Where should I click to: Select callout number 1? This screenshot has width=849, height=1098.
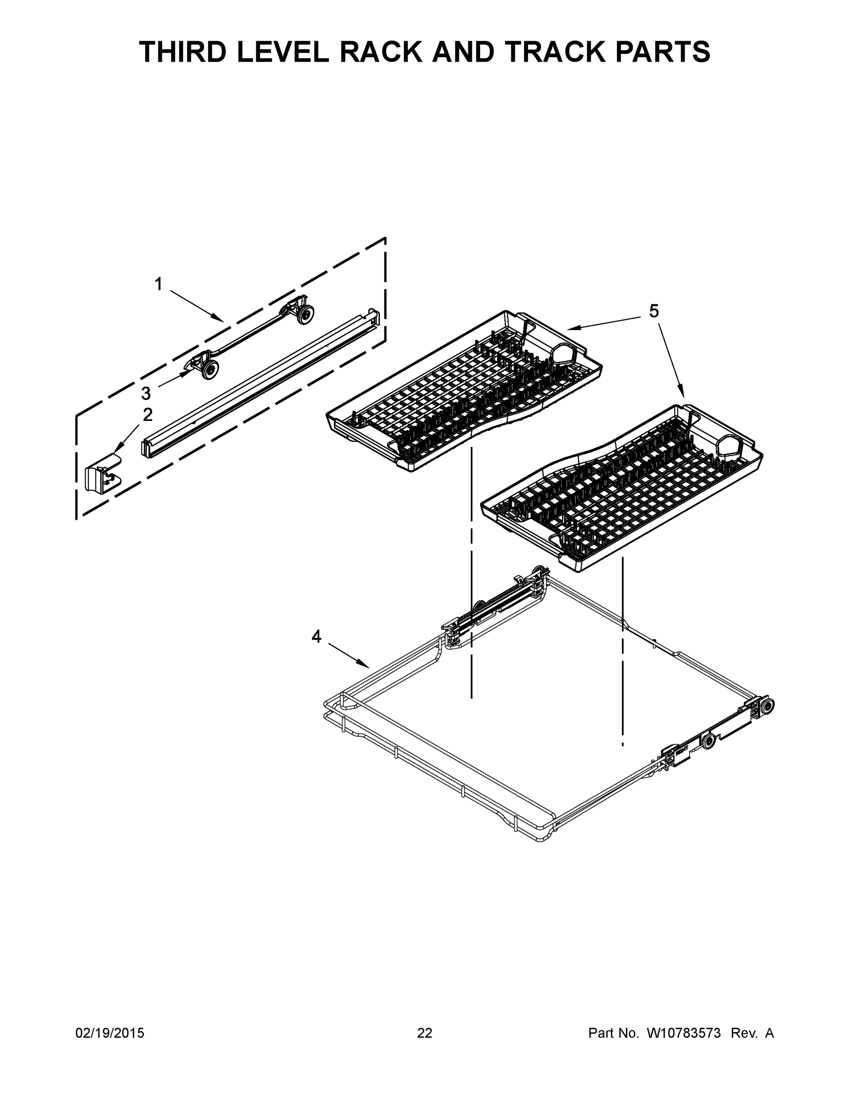pos(158,285)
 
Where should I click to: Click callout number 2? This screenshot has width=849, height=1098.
pos(147,415)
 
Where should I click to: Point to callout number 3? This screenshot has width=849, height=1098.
pos(146,393)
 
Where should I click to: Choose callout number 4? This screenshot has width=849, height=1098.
pos(316,637)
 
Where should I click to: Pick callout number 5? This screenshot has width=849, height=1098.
pos(654,312)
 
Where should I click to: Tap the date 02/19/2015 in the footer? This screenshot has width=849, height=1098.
pos(110,1033)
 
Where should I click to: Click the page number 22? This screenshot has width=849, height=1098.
pos(425,1033)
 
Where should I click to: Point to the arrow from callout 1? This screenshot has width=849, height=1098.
pos(196,305)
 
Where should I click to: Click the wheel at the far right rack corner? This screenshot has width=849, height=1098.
pos(767,705)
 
